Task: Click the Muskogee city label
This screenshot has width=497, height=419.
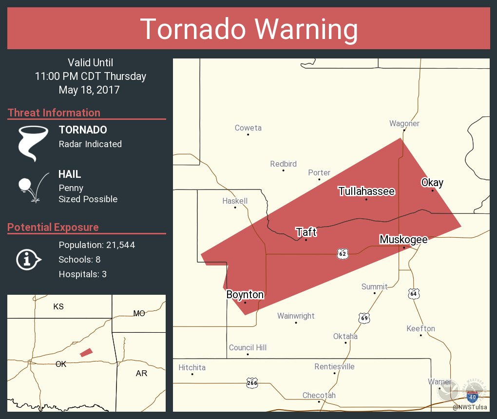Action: click(403, 239)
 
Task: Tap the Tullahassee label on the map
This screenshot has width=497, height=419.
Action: click(366, 191)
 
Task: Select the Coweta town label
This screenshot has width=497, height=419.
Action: click(248, 128)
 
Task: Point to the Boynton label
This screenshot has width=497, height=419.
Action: click(245, 295)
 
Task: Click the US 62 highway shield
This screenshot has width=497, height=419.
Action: click(343, 254)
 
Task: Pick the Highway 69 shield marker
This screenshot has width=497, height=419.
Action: click(363, 318)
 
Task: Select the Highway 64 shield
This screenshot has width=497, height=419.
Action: click(414, 294)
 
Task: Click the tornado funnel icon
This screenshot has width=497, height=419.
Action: click(33, 143)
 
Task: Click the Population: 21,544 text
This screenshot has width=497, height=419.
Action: click(96, 245)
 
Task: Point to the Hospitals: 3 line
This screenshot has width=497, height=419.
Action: click(82, 274)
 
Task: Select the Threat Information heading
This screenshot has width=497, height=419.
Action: click(54, 113)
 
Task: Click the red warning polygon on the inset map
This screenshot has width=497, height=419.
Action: click(86, 352)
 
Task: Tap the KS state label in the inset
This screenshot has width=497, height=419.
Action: click(58, 306)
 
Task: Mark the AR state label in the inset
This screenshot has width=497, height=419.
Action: click(141, 373)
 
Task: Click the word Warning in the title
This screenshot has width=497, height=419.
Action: click(306, 29)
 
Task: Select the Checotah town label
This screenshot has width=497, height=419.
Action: click(319, 395)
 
